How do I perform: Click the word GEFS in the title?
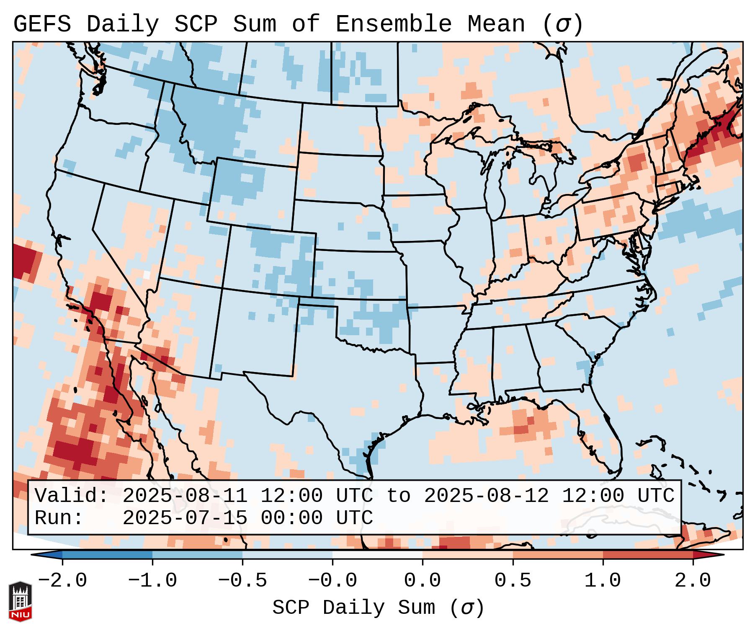pos(42,24)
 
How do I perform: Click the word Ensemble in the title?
pos(393,24)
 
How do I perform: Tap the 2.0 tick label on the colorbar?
pos(693,581)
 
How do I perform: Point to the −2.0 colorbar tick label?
pos(62,581)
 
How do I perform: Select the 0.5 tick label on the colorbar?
pos(513,581)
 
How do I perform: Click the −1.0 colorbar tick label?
pos(152,581)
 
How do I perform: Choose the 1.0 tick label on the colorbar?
pos(603,581)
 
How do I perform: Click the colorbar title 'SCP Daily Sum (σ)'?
pos(378,608)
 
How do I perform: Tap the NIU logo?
pos(20,601)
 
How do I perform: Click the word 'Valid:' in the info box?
pos(72,496)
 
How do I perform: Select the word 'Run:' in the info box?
pos(59,518)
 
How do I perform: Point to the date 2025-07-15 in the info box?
pos(185,518)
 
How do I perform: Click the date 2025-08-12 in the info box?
pos(486,496)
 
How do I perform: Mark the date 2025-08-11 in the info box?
pos(185,496)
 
